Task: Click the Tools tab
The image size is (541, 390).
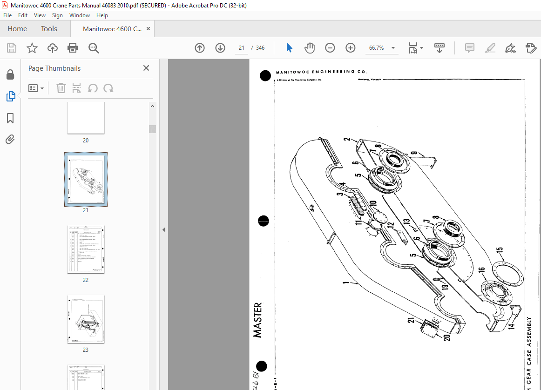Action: (x=49, y=29)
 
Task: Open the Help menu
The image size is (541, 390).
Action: (x=102, y=15)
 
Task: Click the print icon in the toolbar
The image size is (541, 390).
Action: (x=73, y=48)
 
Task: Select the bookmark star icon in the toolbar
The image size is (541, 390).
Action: (x=32, y=48)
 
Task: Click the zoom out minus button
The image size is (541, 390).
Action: (x=330, y=48)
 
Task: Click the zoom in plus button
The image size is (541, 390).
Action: (x=350, y=48)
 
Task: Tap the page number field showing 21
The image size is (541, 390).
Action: (x=242, y=48)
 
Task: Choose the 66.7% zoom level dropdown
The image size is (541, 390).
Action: (x=380, y=48)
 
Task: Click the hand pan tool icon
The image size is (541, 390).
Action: (x=310, y=48)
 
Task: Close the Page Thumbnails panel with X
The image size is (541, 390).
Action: (x=146, y=68)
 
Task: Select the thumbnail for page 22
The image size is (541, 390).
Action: (x=86, y=249)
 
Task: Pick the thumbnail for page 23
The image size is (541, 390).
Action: (x=86, y=319)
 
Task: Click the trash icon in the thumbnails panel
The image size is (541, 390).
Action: (x=61, y=88)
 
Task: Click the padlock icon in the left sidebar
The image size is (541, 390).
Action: (x=10, y=75)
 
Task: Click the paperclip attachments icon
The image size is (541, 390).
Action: (x=10, y=139)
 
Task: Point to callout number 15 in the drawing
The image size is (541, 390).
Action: (x=500, y=251)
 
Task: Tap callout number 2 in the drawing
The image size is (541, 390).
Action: (x=347, y=139)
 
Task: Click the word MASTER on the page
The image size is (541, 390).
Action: (x=257, y=320)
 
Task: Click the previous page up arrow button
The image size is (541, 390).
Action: (x=200, y=48)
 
